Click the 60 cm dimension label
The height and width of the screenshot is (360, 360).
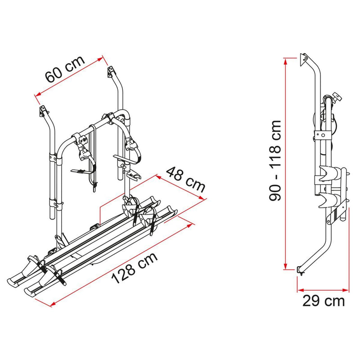pos(65,69)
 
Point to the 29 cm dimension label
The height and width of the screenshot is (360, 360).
pos(324,301)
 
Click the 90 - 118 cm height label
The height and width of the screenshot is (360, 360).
pos(275,161)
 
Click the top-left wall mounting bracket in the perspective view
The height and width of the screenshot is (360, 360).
pos(43,111)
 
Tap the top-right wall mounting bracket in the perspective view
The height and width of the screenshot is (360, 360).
pos(111,72)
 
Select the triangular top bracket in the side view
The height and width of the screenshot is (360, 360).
pos(303,60)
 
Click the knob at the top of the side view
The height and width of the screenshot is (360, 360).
pos(337,98)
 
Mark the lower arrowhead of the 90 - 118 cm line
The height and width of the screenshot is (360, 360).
pos(285,267)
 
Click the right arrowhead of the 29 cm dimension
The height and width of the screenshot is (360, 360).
pos(346,290)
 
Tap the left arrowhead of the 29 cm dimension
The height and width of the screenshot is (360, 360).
pos(300,290)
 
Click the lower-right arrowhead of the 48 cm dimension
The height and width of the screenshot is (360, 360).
pos(201,198)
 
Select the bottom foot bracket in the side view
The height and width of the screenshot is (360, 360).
pos(300,270)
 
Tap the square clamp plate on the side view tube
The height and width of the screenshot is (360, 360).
pos(323,135)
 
